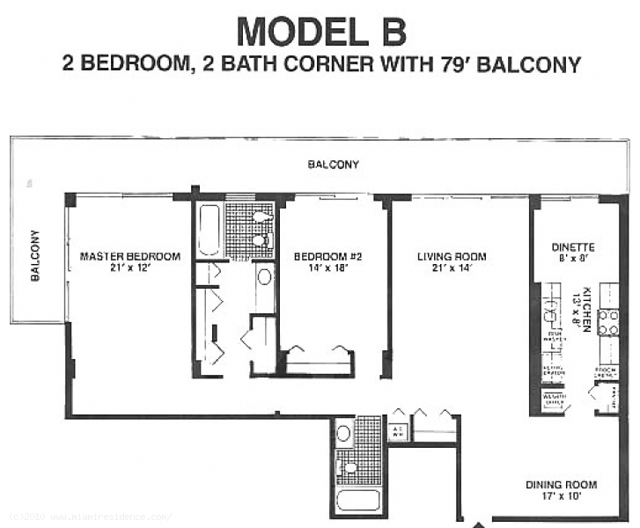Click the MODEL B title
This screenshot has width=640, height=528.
[x=321, y=31]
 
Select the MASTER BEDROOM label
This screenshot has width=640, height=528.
[x=129, y=257]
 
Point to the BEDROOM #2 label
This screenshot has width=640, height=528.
[x=327, y=257]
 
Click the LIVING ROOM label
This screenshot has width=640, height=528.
[x=452, y=257]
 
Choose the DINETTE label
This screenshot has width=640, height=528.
[x=573, y=247]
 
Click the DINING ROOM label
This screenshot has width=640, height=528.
[x=561, y=485]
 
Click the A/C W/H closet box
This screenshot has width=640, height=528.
[x=398, y=432]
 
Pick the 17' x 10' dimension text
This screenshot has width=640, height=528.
[x=561, y=495]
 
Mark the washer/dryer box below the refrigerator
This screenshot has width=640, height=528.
[x=553, y=400]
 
